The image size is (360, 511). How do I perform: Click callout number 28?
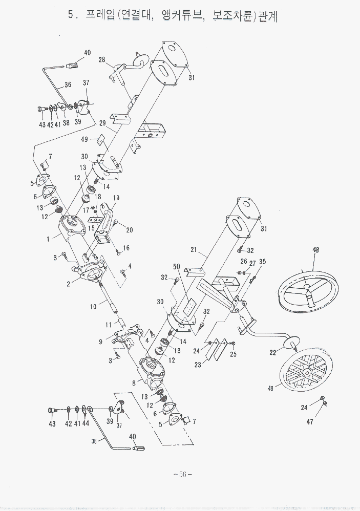click(x=102, y=60)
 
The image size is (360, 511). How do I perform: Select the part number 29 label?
click(x=102, y=123)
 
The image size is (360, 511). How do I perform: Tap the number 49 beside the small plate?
click(x=85, y=139)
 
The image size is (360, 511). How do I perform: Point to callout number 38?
click(x=66, y=123)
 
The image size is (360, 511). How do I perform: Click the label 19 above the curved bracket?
click(x=116, y=198)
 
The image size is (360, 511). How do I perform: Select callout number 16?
click(x=126, y=248)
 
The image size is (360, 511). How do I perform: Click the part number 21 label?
click(x=194, y=250)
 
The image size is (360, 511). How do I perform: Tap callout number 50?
click(x=176, y=267)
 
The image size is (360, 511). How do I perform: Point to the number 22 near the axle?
click(x=272, y=353)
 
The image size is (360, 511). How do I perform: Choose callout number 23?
click(x=198, y=365)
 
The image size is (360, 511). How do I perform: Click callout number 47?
click(x=310, y=422)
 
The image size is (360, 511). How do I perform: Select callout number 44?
click(x=86, y=423)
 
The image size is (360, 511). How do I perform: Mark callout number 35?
click(x=263, y=262)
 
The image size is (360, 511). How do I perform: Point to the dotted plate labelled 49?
click(x=100, y=140)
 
